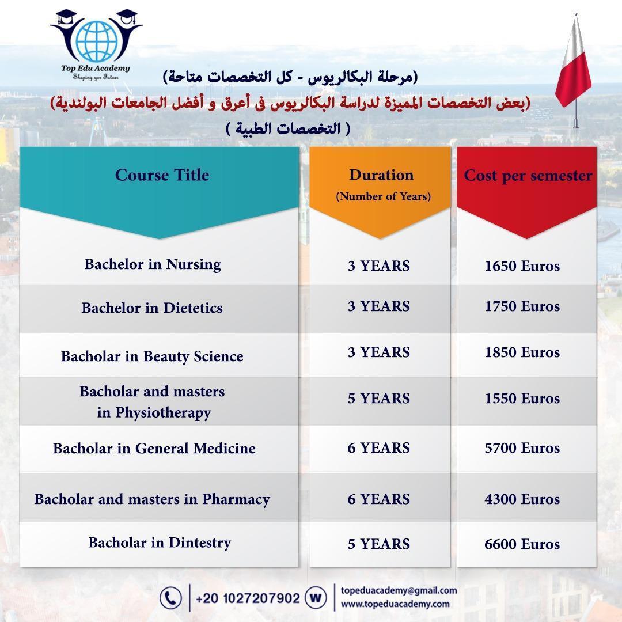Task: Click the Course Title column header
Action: pyautogui.click(x=162, y=175)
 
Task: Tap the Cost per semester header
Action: pyautogui.click(x=528, y=176)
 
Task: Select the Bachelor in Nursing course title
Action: pyautogui.click(x=153, y=264)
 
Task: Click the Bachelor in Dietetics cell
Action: pyautogui.click(x=152, y=308)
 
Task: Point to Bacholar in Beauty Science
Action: pyautogui.click(x=152, y=356)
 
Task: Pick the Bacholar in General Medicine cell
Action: pyautogui.click(x=154, y=448)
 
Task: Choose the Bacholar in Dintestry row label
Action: pyautogui.click(x=160, y=543)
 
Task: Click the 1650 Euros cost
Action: pyautogui.click(x=522, y=266)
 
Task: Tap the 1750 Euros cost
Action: pyautogui.click(x=522, y=306)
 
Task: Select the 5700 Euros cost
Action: pyautogui.click(x=522, y=448)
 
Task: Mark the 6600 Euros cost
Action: pyautogui.click(x=522, y=544)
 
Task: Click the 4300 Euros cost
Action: pyautogui.click(x=522, y=499)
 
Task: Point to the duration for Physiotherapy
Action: pyautogui.click(x=378, y=399)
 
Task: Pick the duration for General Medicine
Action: pyautogui.click(x=378, y=448)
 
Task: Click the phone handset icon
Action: pyautogui.click(x=170, y=598)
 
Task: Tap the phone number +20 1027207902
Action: pyautogui.click(x=248, y=598)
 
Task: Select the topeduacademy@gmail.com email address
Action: pyautogui.click(x=399, y=590)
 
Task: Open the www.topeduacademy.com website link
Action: pyautogui.click(x=395, y=604)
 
